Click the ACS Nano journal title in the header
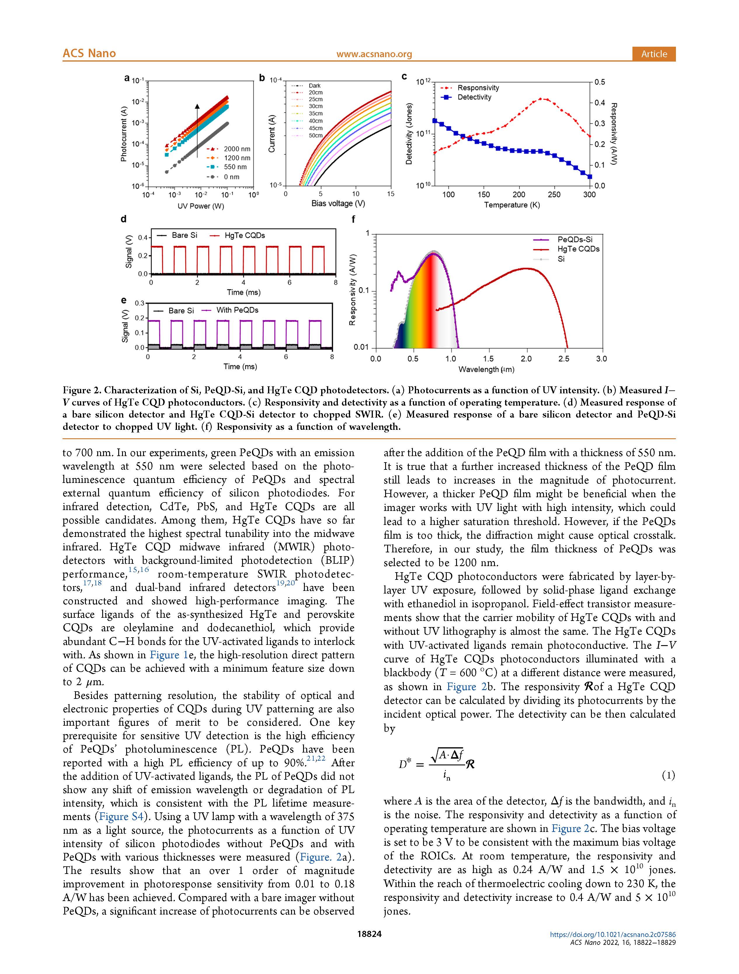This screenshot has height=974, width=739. (89, 53)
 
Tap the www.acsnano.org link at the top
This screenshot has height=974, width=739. (374, 54)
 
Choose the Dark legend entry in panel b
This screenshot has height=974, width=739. (314, 85)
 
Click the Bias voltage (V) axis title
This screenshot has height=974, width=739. (338, 203)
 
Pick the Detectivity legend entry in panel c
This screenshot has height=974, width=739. (474, 97)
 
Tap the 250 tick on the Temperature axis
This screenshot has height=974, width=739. (554, 195)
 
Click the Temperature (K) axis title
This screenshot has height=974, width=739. (512, 205)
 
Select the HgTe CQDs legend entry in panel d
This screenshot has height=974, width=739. (244, 235)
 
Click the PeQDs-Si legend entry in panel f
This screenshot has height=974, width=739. (575, 240)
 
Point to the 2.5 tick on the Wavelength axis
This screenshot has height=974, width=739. (564, 359)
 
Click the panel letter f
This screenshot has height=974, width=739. (353, 219)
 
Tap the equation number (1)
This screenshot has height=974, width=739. (668, 775)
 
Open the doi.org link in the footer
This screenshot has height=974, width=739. (613, 935)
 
